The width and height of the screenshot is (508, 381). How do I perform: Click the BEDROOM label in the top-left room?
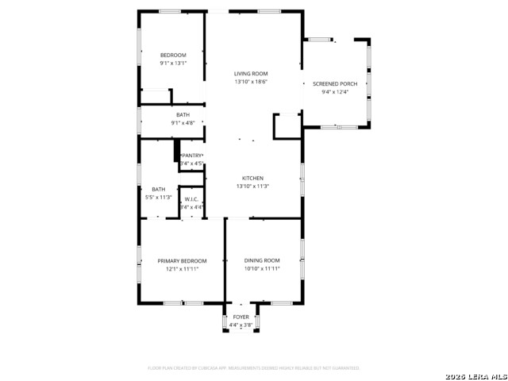click(173, 55)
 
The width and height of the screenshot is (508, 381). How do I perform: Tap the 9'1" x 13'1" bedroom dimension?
click(173, 63)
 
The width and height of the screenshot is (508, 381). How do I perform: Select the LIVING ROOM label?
click(251, 74)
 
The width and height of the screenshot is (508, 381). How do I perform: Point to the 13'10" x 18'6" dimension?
click(251, 82)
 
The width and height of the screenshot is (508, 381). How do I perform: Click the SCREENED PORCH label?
click(335, 83)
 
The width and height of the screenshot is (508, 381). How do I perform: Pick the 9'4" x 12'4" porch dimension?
click(335, 92)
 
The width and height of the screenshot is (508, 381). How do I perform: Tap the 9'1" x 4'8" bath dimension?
click(183, 123)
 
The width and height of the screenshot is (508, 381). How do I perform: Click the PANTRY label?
click(193, 156)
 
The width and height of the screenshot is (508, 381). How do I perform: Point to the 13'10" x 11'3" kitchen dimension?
click(252, 186)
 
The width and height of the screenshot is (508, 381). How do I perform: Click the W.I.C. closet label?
click(191, 199)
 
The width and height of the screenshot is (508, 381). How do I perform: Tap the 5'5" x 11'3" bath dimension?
click(159, 197)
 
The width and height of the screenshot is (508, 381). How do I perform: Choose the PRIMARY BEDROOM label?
click(182, 260)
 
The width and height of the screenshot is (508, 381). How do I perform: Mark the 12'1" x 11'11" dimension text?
click(182, 268)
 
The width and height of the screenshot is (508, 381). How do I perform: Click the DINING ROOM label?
click(262, 260)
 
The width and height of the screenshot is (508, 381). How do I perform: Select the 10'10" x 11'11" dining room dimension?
click(262, 268)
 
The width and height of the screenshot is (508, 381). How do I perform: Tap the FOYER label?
click(241, 317)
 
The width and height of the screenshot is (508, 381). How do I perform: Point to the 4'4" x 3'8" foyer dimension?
click(241, 325)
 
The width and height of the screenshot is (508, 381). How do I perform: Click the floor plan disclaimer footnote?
click(253, 368)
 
